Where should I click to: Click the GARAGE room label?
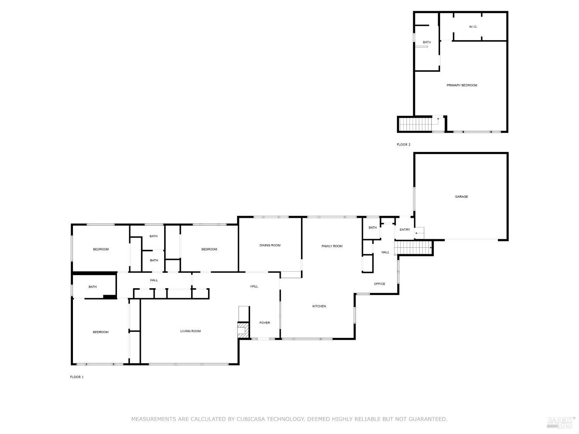click(x=461, y=197)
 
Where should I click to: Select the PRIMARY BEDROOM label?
click(x=462, y=85)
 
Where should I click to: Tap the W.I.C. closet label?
click(x=473, y=27)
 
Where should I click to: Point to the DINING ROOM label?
click(x=270, y=245)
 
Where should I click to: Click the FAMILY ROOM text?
click(x=332, y=246)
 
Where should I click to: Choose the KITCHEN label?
click(x=319, y=306)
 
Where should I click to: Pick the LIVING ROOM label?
click(x=190, y=331)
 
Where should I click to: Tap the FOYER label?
click(x=264, y=323)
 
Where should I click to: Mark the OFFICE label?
click(x=379, y=284)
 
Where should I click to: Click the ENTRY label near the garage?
click(x=405, y=230)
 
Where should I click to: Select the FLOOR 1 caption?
click(x=77, y=377)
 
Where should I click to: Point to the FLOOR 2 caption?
click(x=404, y=145)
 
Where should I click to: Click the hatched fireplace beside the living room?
click(x=243, y=330)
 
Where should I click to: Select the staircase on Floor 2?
click(x=415, y=124)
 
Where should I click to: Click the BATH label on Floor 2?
click(x=427, y=42)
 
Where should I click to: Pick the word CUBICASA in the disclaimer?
click(x=252, y=419)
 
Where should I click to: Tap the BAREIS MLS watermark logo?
click(x=560, y=422)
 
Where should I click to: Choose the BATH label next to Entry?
click(x=372, y=228)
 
